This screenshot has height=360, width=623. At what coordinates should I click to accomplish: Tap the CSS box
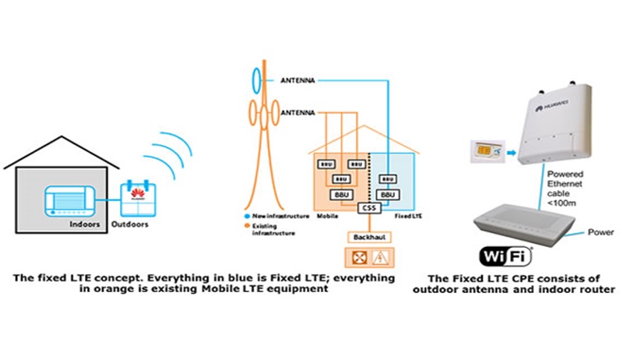(369, 209)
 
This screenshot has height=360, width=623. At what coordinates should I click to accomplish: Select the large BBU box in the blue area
(387, 193)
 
